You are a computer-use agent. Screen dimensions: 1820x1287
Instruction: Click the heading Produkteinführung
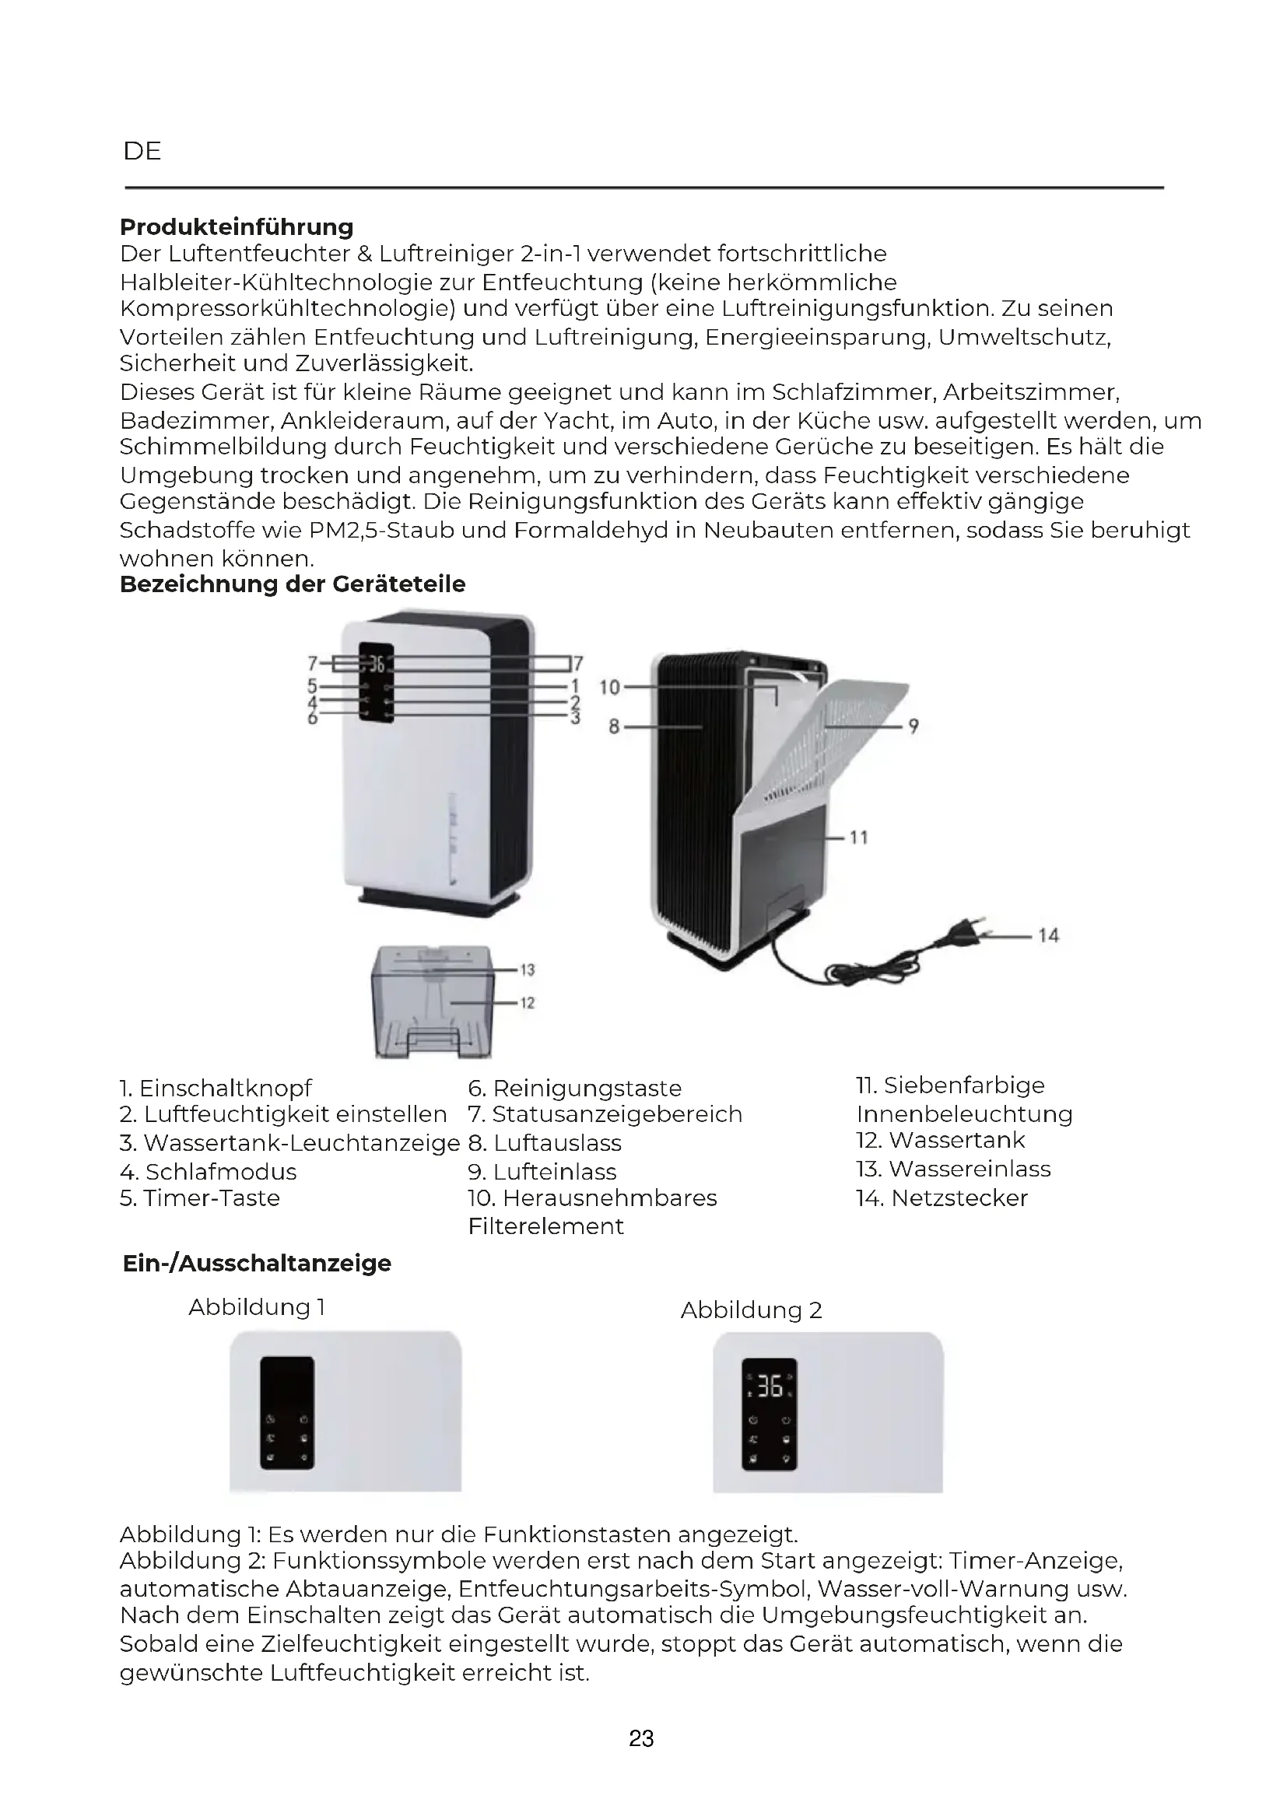pyautogui.click(x=237, y=227)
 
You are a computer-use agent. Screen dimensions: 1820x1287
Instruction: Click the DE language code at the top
pyautogui.click(x=142, y=152)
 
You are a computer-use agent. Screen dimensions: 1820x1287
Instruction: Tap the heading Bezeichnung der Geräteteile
pyautogui.click(x=293, y=584)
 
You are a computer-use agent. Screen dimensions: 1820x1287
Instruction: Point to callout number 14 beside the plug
pyautogui.click(x=1047, y=935)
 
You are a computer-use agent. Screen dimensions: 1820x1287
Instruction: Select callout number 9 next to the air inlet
pyautogui.click(x=913, y=726)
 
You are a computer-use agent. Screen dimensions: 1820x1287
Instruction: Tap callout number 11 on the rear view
pyautogui.click(x=859, y=837)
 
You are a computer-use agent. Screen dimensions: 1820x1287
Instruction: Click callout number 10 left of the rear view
pyautogui.click(x=608, y=687)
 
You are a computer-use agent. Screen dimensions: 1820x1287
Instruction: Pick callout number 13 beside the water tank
pyautogui.click(x=527, y=970)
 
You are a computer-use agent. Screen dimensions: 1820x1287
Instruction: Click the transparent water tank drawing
pyautogui.click(x=433, y=1003)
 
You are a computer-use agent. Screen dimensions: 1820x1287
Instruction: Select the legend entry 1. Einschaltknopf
pyautogui.click(x=216, y=1088)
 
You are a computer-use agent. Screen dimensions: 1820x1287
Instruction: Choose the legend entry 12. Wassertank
pyautogui.click(x=940, y=1140)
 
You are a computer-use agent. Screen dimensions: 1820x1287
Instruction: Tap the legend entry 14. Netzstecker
pyautogui.click(x=942, y=1198)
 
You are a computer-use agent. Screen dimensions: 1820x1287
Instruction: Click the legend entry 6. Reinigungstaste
pyautogui.click(x=574, y=1088)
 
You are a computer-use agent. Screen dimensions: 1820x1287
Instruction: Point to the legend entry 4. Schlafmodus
pyautogui.click(x=209, y=1172)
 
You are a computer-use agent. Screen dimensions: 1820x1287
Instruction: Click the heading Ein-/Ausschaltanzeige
pyautogui.click(x=257, y=1263)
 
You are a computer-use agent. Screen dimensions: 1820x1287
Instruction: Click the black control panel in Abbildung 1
pyautogui.click(x=287, y=1411)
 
